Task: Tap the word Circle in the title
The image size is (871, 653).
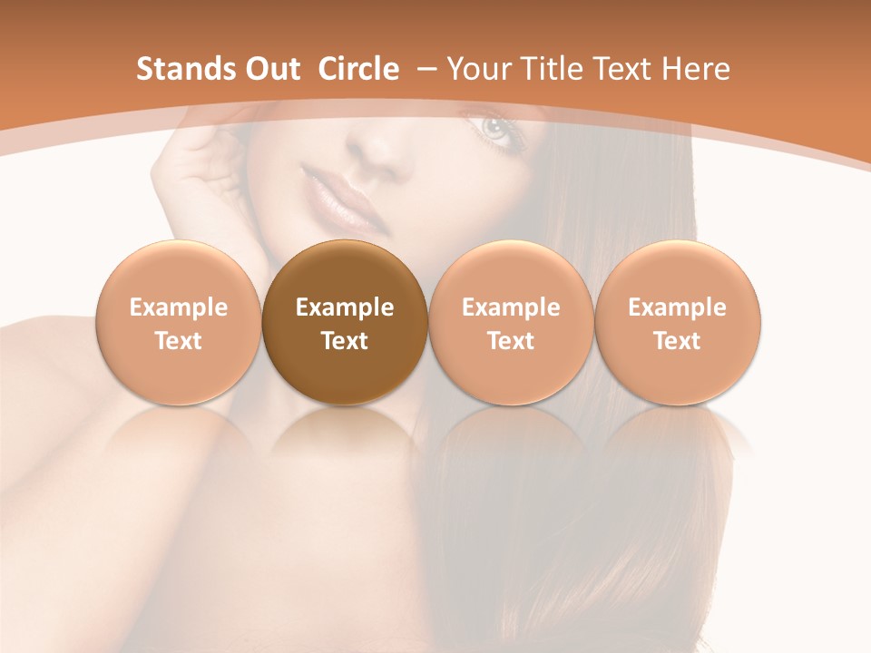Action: (358, 69)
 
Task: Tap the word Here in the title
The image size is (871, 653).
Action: (696, 69)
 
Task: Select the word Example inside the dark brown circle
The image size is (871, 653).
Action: (345, 307)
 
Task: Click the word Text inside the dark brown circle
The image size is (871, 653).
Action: (345, 341)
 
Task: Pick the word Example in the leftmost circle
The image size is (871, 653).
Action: (179, 307)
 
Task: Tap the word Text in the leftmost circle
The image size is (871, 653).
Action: (179, 341)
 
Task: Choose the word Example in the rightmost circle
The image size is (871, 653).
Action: (678, 307)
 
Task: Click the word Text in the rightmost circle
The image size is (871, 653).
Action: (678, 341)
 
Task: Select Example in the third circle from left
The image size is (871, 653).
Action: (511, 307)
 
